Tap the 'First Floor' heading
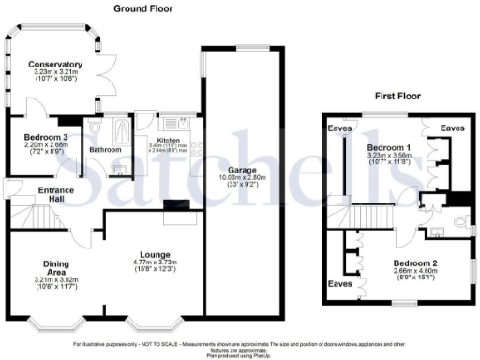tap(397, 96)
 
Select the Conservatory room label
tap(54, 65)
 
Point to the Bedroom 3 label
tap(46, 137)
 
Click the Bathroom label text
tap(105, 149)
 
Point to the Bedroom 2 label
tap(413, 263)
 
